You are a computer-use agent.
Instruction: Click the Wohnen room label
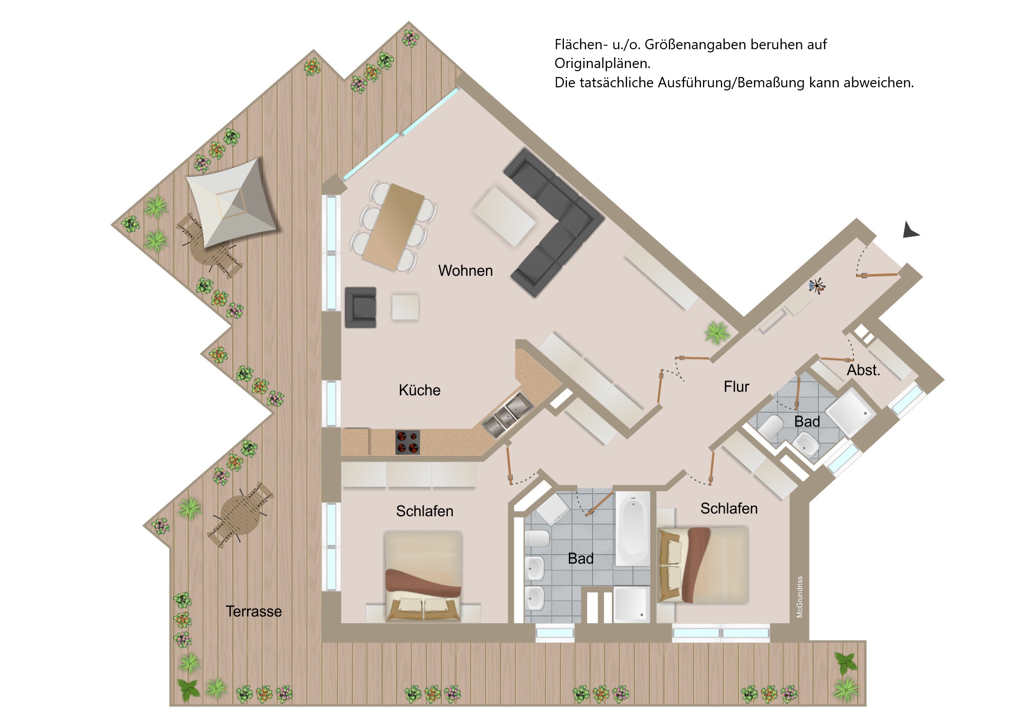[x=465, y=270]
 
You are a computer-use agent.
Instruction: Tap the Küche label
[x=420, y=390]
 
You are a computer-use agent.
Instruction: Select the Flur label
[x=736, y=386]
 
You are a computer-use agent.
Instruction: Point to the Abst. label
[x=863, y=370]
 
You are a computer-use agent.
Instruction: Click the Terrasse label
[x=254, y=611]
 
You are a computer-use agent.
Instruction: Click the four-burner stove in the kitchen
[x=408, y=442]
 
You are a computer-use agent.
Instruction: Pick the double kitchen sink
[x=507, y=415]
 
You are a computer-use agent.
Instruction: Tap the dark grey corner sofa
[x=553, y=222]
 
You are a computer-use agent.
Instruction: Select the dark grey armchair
[x=360, y=307]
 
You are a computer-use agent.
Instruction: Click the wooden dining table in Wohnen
[x=394, y=227]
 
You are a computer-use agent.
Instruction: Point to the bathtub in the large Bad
[x=632, y=528]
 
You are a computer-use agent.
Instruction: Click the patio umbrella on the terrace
[x=231, y=203]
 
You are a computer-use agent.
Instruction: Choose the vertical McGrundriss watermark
[x=800, y=597]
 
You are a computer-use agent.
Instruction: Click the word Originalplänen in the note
[x=602, y=63]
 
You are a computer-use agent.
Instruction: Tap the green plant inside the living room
[x=717, y=332]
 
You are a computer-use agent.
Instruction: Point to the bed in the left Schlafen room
[x=423, y=576]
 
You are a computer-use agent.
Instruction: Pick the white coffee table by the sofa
[x=504, y=216]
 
